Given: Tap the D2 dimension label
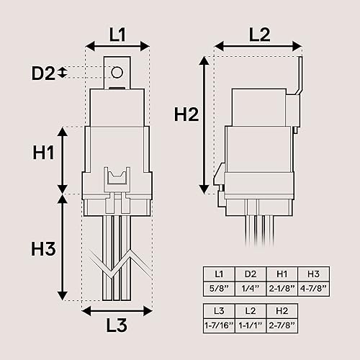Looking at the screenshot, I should click(x=42, y=73).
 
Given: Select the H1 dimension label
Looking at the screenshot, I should click(x=43, y=153).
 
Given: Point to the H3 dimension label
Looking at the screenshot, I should click(x=43, y=247).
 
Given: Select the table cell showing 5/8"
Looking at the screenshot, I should click(x=220, y=288).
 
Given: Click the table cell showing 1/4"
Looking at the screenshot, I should click(x=251, y=288).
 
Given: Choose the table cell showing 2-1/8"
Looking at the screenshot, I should click(x=283, y=288).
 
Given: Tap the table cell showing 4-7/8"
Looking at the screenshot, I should click(x=315, y=288).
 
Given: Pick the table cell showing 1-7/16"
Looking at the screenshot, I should click(x=220, y=326).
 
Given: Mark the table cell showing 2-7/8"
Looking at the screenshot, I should click(x=283, y=326).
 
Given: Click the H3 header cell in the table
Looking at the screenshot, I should click(x=315, y=274).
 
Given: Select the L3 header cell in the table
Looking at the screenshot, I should click(x=220, y=312).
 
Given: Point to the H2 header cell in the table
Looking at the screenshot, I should click(x=283, y=312).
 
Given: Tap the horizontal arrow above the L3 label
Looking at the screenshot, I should click(x=117, y=310).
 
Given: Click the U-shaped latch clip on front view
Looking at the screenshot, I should click(x=116, y=177).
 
